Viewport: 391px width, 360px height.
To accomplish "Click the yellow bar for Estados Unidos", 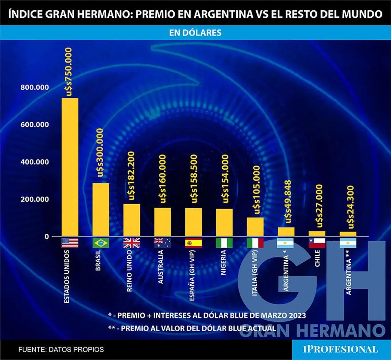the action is pyautogui.click(x=70, y=167).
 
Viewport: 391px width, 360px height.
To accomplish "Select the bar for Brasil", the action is pyautogui.click(x=101, y=210).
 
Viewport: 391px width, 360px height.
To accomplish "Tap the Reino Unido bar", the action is pyautogui.click(x=132, y=220).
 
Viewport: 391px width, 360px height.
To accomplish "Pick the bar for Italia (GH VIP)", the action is pyautogui.click(x=255, y=227).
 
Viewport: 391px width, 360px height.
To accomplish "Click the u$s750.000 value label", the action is pyautogui.click(x=68, y=72).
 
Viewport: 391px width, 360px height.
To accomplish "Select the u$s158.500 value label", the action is pyautogui.click(x=193, y=179).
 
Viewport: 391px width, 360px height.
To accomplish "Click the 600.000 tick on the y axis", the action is pyautogui.click(x=35, y=124).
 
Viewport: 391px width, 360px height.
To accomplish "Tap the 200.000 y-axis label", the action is pyautogui.click(x=35, y=199).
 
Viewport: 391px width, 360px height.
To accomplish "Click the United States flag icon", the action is pyautogui.click(x=70, y=243).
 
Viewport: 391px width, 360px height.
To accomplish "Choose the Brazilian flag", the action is pyautogui.click(x=101, y=243).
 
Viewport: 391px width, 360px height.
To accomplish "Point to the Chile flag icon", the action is pyautogui.click(x=317, y=243).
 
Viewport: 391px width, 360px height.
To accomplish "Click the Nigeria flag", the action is pyautogui.click(x=224, y=243).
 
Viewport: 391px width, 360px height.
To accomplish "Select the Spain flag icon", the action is pyautogui.click(x=193, y=243).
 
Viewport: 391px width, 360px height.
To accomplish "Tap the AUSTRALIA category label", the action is pyautogui.click(x=161, y=267).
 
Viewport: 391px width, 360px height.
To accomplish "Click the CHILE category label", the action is pyautogui.click(x=317, y=258).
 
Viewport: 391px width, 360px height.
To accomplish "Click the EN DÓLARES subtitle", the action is pyautogui.click(x=195, y=33).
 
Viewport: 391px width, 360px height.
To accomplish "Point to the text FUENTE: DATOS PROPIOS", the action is pyautogui.click(x=61, y=350).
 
